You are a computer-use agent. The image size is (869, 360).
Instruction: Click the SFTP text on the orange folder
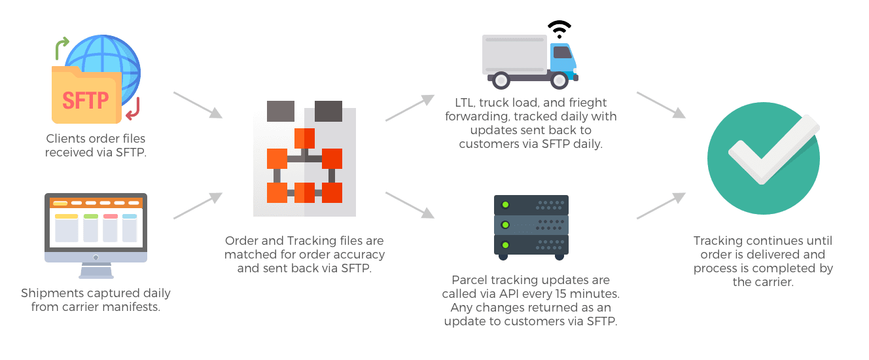(86, 100)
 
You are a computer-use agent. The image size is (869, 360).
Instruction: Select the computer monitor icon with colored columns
(96, 229)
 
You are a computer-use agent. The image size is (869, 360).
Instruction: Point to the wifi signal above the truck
(558, 29)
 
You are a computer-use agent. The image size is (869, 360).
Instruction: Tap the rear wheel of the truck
(501, 80)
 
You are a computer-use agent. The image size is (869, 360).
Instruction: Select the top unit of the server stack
(531, 206)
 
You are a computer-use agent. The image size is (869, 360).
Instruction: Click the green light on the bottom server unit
(505, 245)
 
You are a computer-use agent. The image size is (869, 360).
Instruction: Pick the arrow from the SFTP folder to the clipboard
(198, 105)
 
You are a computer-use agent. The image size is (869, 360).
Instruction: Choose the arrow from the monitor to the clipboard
(198, 206)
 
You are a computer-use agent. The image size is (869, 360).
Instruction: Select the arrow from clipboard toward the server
(410, 204)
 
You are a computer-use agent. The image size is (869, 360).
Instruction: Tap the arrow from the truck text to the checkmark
(661, 105)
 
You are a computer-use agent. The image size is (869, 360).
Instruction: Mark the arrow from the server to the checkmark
(661, 206)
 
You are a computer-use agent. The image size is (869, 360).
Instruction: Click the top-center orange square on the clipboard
(304, 138)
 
